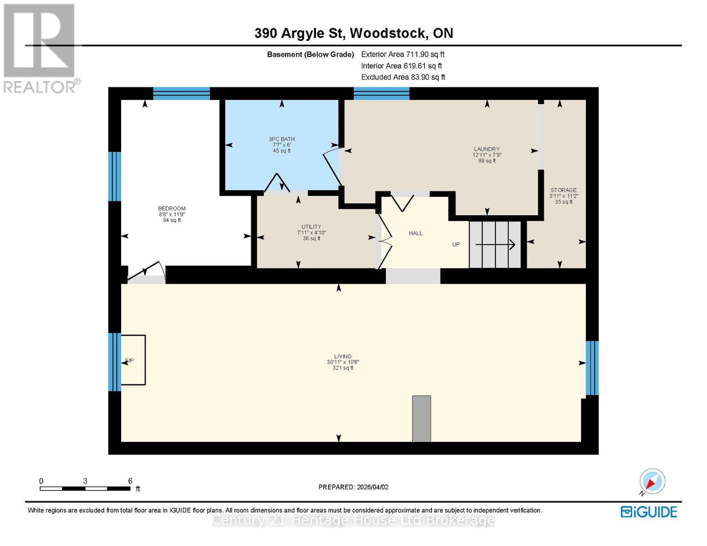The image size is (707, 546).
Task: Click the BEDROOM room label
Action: tap(172, 209)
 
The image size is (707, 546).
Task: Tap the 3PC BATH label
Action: tap(281, 139)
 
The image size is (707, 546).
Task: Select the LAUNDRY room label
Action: tap(487, 149)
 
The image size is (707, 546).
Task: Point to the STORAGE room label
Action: tap(563, 190)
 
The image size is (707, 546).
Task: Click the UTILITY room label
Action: tap(311, 227)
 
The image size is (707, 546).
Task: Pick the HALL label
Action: tap(415, 233)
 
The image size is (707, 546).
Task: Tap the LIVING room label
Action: tap(343, 357)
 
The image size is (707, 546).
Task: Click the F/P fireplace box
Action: tap(132, 360)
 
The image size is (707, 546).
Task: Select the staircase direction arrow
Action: tap(495, 245)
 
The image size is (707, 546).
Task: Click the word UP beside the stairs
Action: tap(456, 245)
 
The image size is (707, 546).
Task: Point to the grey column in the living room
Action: tap(421, 419)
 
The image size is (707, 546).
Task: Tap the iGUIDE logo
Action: tap(649, 512)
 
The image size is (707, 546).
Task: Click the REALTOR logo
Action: tap(40, 48)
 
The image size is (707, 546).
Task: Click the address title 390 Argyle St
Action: tap(353, 33)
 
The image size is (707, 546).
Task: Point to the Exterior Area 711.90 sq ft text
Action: tap(402, 55)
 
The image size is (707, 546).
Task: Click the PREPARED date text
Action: tap(353, 487)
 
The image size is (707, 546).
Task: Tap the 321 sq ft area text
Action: tap(343, 368)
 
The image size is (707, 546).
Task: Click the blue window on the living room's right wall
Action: tap(591, 368)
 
